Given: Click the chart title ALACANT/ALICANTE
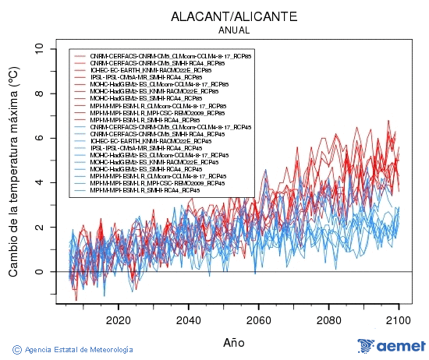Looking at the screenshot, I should click(x=235, y=16).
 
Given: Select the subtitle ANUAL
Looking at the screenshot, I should click(x=235, y=30).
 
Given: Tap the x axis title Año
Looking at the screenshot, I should click(x=234, y=341).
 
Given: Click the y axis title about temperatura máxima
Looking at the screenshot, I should click(x=13, y=172).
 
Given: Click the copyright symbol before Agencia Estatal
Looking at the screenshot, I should click(x=16, y=348).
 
